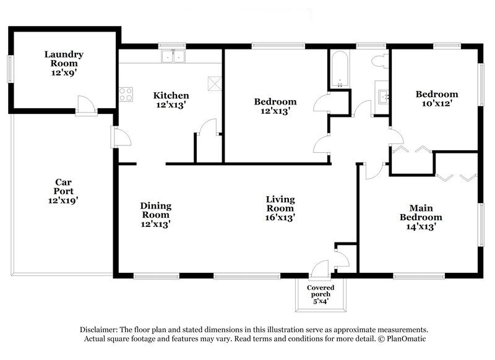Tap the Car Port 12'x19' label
tap(63, 191)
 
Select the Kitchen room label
tap(171, 100)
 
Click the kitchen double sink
tap(173, 58)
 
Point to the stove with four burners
tap(126, 95)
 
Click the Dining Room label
tap(155, 215)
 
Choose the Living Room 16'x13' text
tap(280, 208)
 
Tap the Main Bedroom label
tap(420, 217)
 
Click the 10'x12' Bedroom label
tap(437, 99)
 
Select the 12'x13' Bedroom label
tap(275, 106)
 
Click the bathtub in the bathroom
tap(338, 70)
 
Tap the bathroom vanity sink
tap(382, 95)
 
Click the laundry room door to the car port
tap(86, 106)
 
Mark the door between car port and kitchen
tap(121, 137)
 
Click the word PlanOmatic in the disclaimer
tap(405, 339)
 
